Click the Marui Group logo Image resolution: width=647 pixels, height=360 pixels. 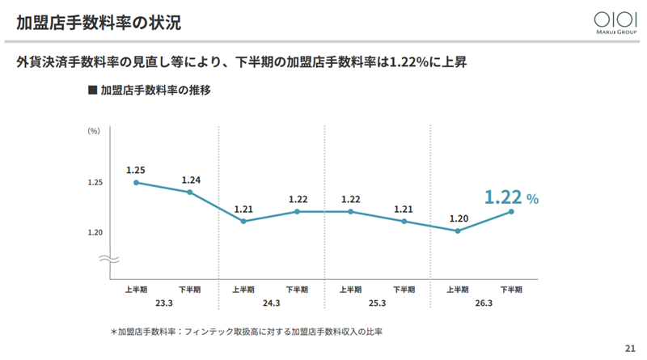tap(615, 23)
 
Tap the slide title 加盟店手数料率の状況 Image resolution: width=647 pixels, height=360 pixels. tap(99, 23)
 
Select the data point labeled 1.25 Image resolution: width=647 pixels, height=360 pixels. tap(136, 183)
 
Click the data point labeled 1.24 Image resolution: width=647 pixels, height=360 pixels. tap(190, 192)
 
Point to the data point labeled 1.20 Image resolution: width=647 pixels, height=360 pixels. tap(458, 231)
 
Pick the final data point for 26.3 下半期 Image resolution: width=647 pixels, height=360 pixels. tap(511, 211)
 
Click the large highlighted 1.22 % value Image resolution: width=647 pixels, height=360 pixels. tap(511, 197)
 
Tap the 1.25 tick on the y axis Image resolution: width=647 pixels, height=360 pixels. tap(95, 183)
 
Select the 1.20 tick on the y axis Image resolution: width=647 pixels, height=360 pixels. tap(95, 232)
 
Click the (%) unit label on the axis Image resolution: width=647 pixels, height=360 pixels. tap(94, 131)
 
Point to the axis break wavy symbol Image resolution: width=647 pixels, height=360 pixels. tap(109, 259)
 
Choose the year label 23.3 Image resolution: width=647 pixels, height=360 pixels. tap(164, 303)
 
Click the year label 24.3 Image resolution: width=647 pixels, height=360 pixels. tap(271, 303)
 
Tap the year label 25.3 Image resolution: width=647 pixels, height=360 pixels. tap(377, 303)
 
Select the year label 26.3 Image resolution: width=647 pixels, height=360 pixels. tap(484, 303)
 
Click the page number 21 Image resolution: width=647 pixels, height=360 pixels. tap(630, 349)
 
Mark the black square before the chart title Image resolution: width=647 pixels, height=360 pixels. tap(92, 90)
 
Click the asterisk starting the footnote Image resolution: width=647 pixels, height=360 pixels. tap(113, 332)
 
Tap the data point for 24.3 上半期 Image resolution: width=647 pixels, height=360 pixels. tap(243, 222)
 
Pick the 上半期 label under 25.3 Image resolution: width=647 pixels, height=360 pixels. tap(350, 290)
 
